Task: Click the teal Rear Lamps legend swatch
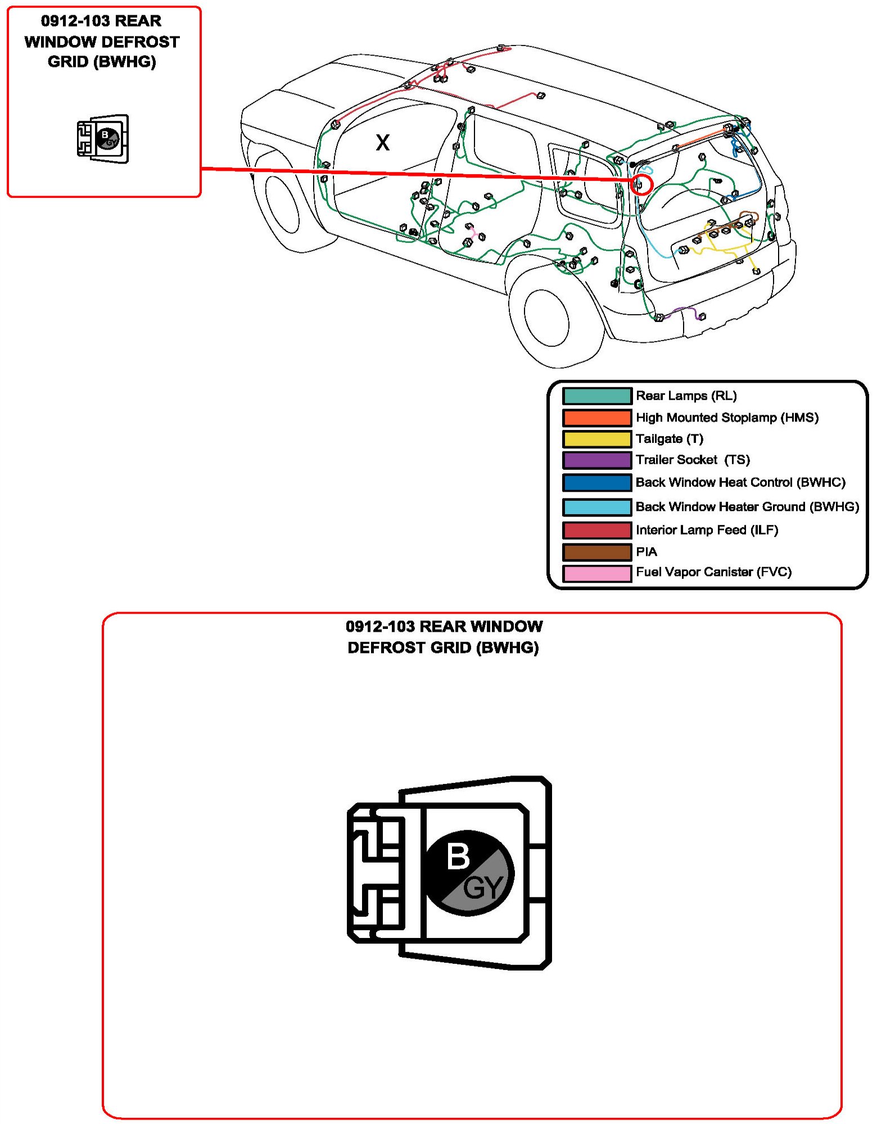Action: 597,396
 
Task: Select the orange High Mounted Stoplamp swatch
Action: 597,418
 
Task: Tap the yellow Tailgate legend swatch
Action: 597,439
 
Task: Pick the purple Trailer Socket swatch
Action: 597,460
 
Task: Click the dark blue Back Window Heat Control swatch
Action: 597,483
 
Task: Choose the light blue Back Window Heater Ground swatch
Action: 597,507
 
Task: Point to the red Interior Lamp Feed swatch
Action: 597,530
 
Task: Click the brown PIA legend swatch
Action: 597,552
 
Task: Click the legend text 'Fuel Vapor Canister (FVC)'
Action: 713,572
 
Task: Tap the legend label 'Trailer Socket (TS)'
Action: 693,460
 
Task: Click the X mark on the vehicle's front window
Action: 382,142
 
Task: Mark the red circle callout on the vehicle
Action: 641,184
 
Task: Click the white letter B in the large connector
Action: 458,856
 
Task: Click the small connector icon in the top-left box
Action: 103,139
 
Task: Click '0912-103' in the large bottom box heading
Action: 380,626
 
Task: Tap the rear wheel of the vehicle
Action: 546,318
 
